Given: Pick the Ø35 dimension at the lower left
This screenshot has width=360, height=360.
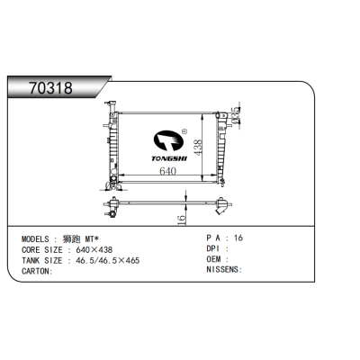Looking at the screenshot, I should tap(112, 184).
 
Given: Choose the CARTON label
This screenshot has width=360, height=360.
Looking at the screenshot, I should tap(37, 271).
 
